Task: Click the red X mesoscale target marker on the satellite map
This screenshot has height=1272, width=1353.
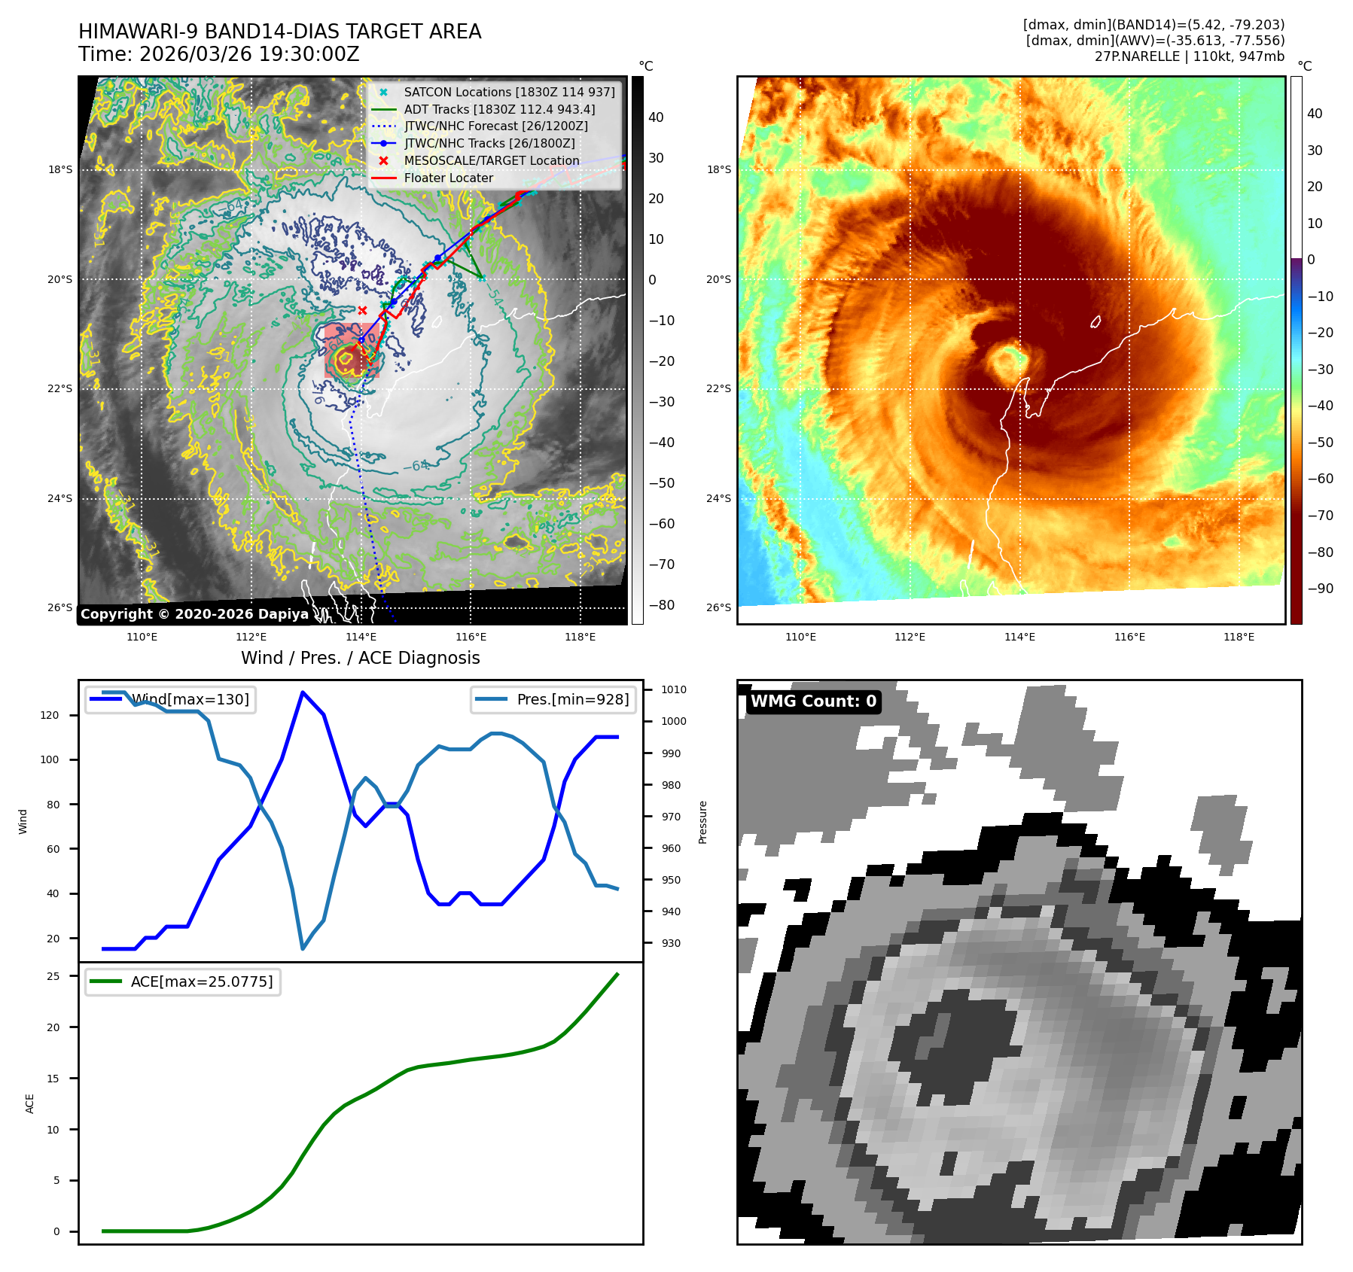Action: (362, 310)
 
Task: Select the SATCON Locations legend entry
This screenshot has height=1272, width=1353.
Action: (509, 92)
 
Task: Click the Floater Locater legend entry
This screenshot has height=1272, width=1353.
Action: (448, 178)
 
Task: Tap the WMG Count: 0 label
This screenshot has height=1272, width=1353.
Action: (813, 701)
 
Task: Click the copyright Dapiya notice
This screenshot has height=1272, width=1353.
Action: (194, 614)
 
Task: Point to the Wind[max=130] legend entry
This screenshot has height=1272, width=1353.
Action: (190, 699)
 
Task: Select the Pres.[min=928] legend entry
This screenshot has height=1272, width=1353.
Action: (572, 699)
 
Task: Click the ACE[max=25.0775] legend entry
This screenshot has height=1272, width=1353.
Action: (201, 981)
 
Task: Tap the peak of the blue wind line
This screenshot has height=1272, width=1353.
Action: (303, 692)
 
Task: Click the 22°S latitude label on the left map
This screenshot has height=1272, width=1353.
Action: (60, 388)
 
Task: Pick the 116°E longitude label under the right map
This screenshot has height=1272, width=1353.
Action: (1129, 637)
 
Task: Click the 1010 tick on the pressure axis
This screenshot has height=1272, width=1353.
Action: (674, 689)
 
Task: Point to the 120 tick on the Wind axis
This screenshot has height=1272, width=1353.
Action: (50, 715)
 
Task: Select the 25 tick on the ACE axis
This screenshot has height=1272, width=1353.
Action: (53, 976)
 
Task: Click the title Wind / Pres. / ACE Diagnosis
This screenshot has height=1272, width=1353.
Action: (360, 658)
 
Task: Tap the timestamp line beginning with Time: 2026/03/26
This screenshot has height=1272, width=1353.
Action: (218, 55)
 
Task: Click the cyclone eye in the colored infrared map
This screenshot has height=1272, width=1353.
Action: (1007, 361)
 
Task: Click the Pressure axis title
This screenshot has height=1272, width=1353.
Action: (703, 822)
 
